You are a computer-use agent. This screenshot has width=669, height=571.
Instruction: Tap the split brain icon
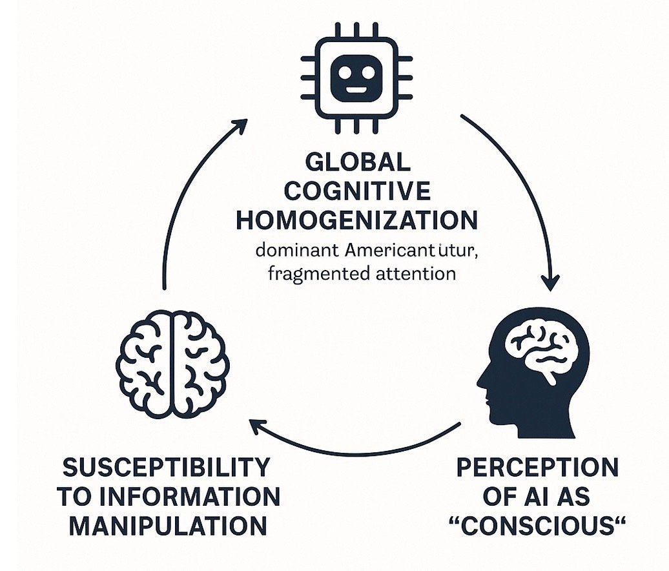point(173,362)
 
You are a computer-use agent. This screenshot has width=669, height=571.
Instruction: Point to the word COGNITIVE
point(358,191)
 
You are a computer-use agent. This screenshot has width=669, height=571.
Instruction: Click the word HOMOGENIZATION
point(356,220)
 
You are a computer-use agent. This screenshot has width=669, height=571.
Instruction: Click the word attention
point(414,273)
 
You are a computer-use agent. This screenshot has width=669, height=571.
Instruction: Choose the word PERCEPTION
point(537,466)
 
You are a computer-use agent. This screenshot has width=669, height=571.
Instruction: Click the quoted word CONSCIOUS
point(537,525)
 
